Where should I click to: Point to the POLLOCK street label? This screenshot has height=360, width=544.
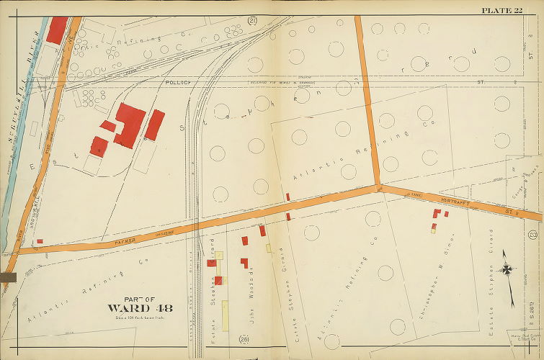pyautogui.click(x=177, y=82)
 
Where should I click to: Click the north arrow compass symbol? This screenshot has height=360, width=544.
pyautogui.click(x=508, y=269)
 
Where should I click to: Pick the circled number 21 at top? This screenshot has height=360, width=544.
pyautogui.click(x=253, y=20)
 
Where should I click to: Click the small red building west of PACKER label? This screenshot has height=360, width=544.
pyautogui.click(x=40, y=241)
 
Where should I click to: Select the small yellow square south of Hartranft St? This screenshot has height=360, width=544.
pyautogui.click(x=433, y=230)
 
